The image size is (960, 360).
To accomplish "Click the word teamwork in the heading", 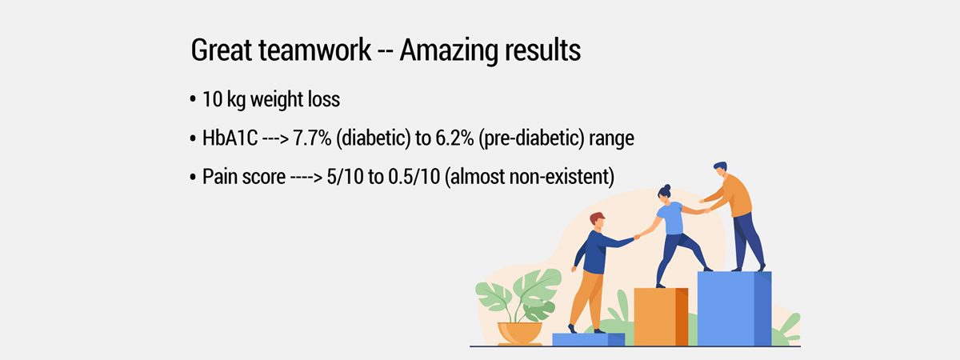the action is pos(314,50).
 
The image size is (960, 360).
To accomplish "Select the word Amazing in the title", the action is pos(448,51).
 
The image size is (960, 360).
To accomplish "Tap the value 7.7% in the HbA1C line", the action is pos(312,138).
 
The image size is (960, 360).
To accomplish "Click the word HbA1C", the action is pos(230,138).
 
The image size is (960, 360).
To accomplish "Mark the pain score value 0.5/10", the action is pos(414,177).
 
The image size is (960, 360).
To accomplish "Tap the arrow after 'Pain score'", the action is pos(306,178).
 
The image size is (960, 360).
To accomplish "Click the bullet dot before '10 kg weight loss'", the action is pos(193,99).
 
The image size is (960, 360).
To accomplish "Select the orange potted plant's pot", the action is pos(520,334).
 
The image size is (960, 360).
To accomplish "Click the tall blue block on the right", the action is pos(734,309).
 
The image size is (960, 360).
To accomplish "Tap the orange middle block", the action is pos(661,317).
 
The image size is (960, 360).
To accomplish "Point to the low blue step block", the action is pos(588,339).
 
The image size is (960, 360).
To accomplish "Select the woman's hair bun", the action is pos(666,188).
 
